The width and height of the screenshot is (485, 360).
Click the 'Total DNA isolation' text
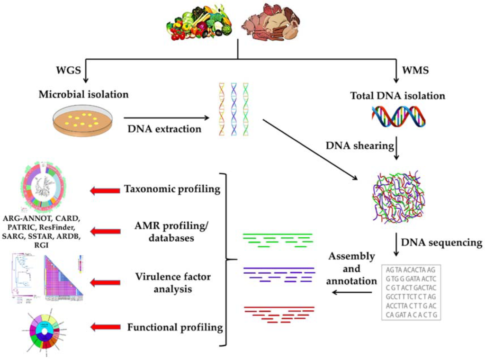click(398, 96)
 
